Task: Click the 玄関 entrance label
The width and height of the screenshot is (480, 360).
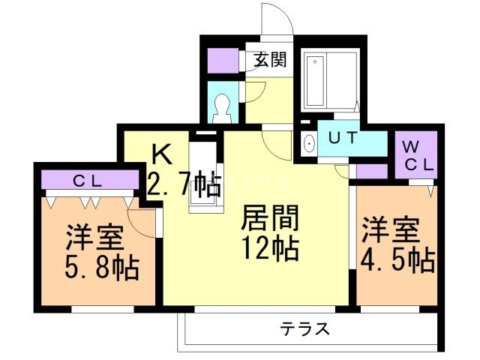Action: [x=268, y=60]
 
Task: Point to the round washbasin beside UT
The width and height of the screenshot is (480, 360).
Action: [x=308, y=142]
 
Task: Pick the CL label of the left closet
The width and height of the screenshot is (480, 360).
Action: [x=91, y=180]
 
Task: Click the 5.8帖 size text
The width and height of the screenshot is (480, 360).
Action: [x=100, y=267]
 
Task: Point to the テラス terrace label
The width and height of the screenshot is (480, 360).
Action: [x=305, y=328]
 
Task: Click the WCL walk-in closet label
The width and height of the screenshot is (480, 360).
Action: [x=415, y=156]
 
